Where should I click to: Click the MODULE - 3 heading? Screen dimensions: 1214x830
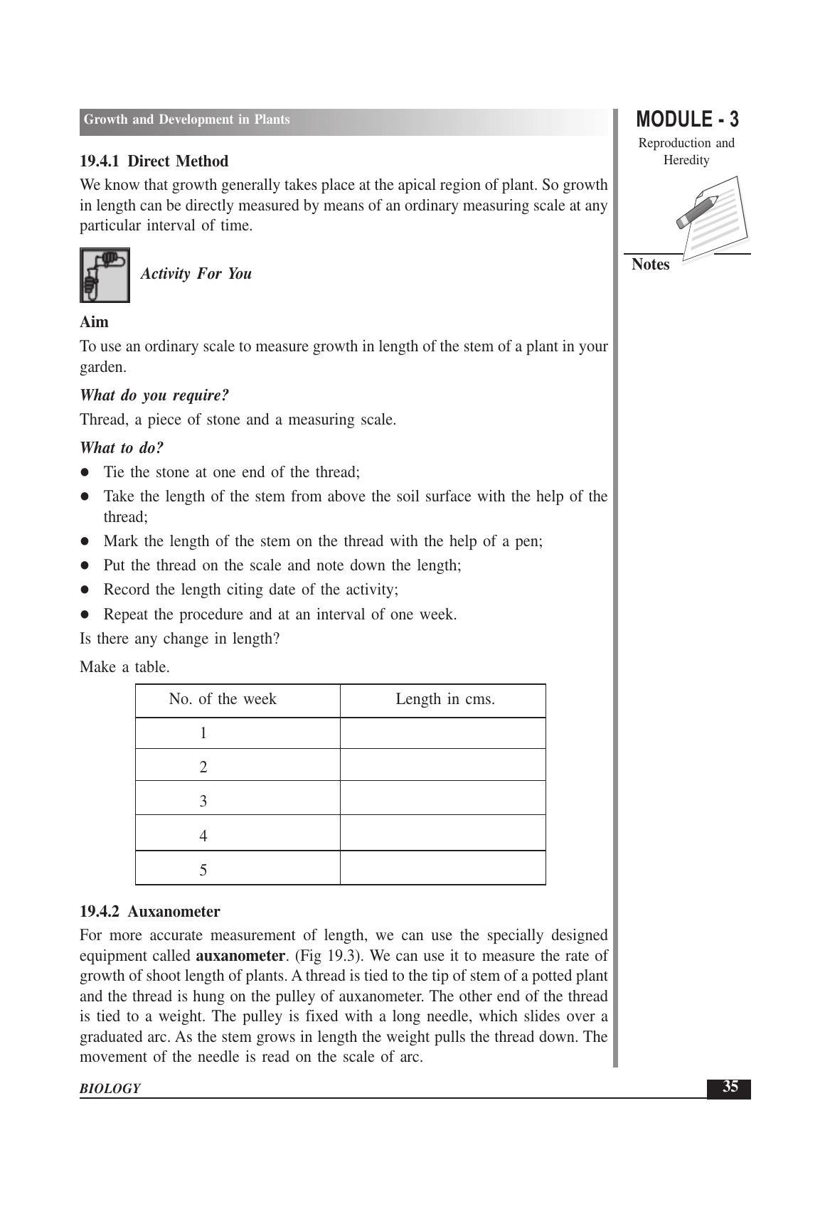coord(687,119)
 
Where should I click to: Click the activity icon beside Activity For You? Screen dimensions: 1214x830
coord(105,275)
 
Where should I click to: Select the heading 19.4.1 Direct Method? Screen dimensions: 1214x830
coord(154,161)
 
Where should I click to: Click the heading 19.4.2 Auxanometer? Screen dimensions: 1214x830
coord(149,912)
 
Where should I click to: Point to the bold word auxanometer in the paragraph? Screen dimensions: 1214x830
coord(240,955)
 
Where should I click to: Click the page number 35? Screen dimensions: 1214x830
coord(730,1087)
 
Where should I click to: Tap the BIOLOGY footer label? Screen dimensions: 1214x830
coord(110,1089)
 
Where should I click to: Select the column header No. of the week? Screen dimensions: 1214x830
coord(223,700)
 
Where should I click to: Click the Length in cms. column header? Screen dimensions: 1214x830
coord(445,700)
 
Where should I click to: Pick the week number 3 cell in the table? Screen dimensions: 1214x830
coord(203,802)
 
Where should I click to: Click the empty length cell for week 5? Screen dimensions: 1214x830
coord(442,869)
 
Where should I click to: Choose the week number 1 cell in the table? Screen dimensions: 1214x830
coord(203,733)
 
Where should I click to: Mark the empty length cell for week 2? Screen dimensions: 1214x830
coord(442,766)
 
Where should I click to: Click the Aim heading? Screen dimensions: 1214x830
coord(94,322)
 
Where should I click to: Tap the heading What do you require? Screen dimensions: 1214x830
coord(154,395)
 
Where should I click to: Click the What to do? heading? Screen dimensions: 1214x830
coord(122,448)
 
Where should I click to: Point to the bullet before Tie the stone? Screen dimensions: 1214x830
coord(85,472)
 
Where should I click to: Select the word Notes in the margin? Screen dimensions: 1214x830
coord(651,265)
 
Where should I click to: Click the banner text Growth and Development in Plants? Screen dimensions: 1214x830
coord(186,119)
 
